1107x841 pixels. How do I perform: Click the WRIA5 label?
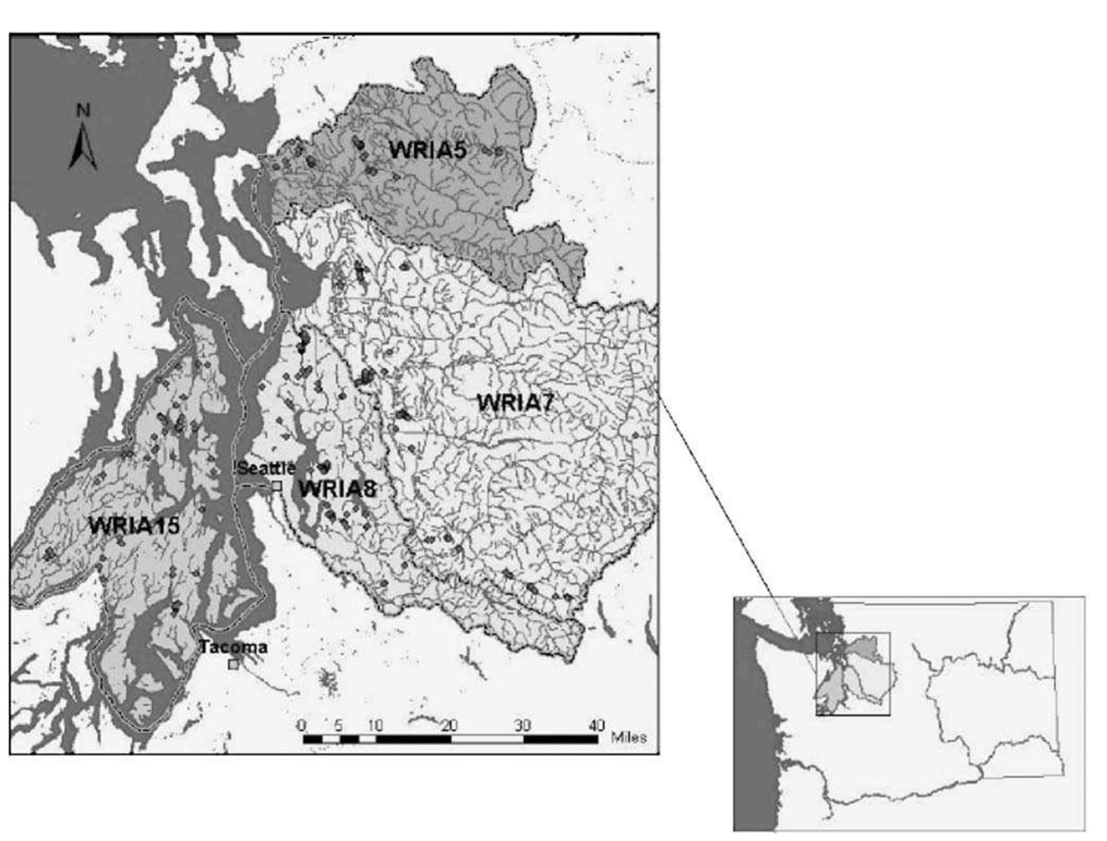(x=427, y=151)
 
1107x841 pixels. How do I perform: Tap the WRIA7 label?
(x=515, y=403)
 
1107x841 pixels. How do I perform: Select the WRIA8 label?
(x=338, y=489)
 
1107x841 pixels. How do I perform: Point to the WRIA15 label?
(x=134, y=526)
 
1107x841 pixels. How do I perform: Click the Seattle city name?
(x=266, y=468)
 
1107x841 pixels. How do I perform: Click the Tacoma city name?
(x=233, y=647)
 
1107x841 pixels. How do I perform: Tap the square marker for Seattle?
(x=276, y=486)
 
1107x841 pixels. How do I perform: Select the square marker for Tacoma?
(x=233, y=664)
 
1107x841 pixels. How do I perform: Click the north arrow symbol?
(x=83, y=147)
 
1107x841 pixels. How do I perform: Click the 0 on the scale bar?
(x=301, y=725)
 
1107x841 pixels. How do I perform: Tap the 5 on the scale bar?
(x=338, y=725)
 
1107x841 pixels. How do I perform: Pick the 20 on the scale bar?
(x=449, y=725)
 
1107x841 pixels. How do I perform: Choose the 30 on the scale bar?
(x=523, y=725)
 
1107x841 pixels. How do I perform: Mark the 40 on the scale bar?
(x=597, y=725)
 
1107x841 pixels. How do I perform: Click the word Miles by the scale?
(x=629, y=737)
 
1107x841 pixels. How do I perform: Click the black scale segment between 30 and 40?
(x=560, y=739)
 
